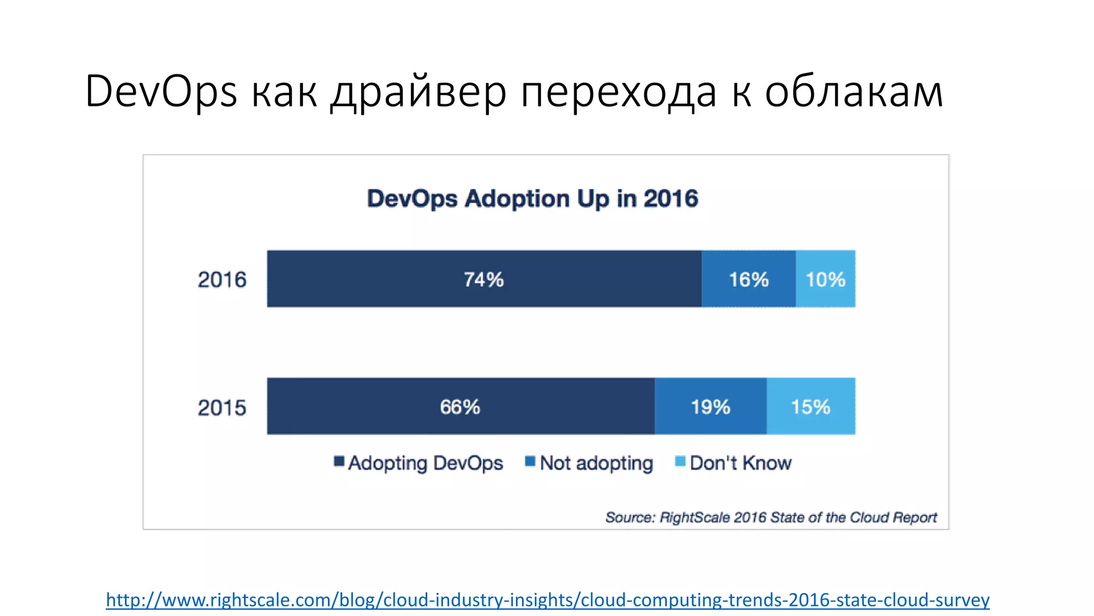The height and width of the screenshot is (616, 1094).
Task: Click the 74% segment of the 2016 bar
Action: [x=483, y=279]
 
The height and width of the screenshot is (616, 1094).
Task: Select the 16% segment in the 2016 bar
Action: [x=748, y=279]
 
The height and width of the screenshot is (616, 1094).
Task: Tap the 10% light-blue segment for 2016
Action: [x=825, y=279]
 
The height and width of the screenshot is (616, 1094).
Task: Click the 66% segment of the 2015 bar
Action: [x=460, y=407]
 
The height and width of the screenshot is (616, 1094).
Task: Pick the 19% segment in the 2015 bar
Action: [x=710, y=407]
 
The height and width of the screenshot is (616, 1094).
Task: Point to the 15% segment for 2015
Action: [x=810, y=407]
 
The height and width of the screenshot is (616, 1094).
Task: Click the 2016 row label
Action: [x=222, y=280]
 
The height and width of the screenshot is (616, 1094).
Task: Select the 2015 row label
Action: [x=222, y=408]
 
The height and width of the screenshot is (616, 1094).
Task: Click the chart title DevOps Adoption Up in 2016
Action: [x=532, y=198]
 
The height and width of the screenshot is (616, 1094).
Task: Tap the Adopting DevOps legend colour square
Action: [x=339, y=461]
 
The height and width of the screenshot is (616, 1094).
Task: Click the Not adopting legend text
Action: [x=596, y=463]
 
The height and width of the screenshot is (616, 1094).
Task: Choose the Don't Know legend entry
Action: [x=740, y=463]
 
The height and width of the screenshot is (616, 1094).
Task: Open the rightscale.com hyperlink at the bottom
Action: [x=548, y=600]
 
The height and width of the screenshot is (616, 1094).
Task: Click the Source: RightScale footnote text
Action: [x=770, y=517]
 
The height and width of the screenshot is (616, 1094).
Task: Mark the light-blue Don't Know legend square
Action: [x=680, y=461]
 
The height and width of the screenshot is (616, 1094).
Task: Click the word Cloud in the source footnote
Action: [x=869, y=517]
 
